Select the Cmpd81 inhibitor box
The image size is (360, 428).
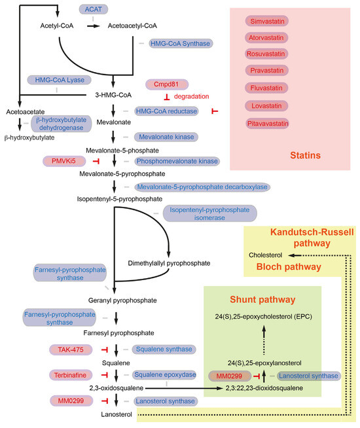pos(171,84)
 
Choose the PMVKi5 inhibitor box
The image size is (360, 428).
pos(64,160)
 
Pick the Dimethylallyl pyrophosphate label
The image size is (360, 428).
pos(169,263)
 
